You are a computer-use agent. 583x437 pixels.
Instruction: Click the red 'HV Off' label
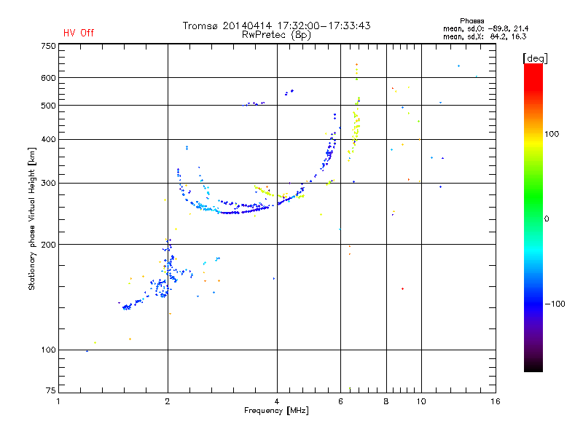[78, 33]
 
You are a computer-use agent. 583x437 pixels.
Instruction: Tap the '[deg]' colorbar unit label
[535, 58]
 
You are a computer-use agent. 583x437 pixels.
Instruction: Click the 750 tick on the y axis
[47, 46]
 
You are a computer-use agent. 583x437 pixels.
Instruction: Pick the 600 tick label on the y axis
[47, 78]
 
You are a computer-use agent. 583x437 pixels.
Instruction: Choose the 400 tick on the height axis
[47, 139]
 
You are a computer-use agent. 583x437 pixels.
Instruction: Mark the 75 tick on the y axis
[50, 393]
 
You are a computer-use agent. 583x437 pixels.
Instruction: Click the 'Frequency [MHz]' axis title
[276, 412]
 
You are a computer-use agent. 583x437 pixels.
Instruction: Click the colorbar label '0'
[547, 219]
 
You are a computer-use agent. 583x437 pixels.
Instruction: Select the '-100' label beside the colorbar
[555, 304]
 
